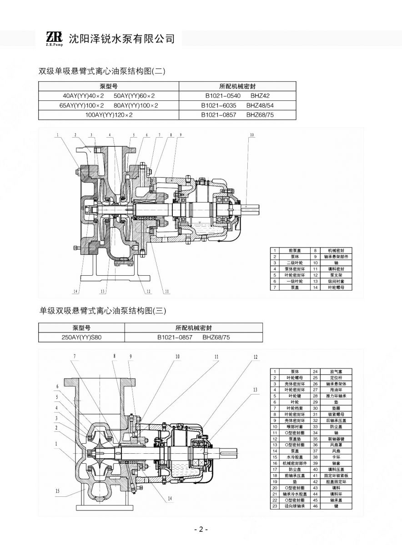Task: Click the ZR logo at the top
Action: tap(54, 38)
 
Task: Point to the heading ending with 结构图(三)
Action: tap(103, 311)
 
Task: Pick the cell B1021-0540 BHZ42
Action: tap(238, 96)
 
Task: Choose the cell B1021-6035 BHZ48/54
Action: tap(238, 105)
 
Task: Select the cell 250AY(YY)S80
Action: tap(81, 337)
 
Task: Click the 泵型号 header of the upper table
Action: tap(109, 86)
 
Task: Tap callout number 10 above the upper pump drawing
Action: tap(252, 135)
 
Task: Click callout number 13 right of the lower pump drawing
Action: tap(255, 390)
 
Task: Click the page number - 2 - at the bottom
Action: tap(201, 530)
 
